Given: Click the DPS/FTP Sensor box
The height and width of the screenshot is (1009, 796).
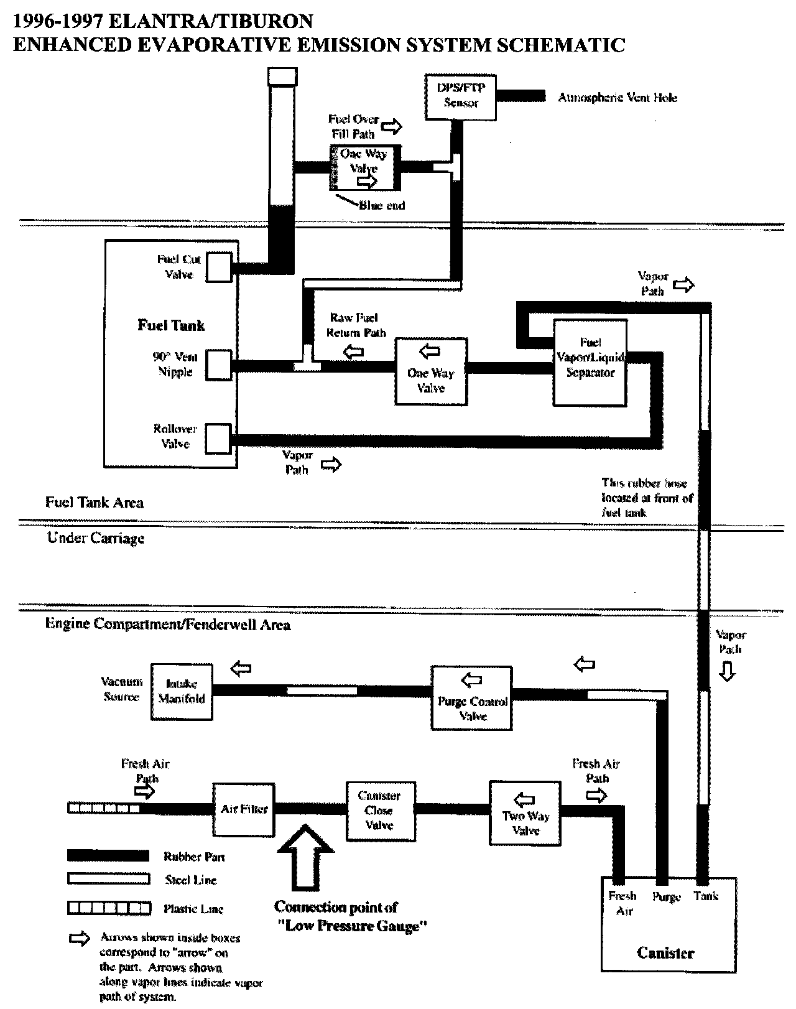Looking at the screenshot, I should tap(461, 96).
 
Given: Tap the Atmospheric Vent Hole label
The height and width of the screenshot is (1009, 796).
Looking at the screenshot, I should tap(617, 98).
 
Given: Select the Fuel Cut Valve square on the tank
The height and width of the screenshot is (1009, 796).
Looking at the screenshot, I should tap(218, 267).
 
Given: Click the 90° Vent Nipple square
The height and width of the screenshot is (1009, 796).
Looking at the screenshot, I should tap(218, 365).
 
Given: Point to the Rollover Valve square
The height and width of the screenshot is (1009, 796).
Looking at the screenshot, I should tap(218, 439).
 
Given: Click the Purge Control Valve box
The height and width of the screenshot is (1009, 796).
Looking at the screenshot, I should tap(471, 698).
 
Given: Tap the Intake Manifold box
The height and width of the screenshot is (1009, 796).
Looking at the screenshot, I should tap(181, 692).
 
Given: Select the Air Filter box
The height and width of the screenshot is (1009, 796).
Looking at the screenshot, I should tap(244, 809).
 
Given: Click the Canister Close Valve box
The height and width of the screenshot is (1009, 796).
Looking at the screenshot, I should tap(380, 811).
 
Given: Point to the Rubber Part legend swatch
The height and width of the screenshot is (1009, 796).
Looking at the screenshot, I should tap(108, 856).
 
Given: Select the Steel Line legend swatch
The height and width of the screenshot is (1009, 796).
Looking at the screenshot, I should tap(108, 879).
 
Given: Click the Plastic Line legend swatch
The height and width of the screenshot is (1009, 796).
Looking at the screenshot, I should tap(108, 908).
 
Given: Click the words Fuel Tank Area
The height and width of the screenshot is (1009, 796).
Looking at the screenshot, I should tap(95, 503).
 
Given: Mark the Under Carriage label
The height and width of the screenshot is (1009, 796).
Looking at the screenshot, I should tap(96, 538).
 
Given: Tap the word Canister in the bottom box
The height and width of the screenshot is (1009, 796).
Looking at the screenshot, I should tap(665, 952).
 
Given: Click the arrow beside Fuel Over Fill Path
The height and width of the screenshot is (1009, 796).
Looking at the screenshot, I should tap(391, 127).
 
